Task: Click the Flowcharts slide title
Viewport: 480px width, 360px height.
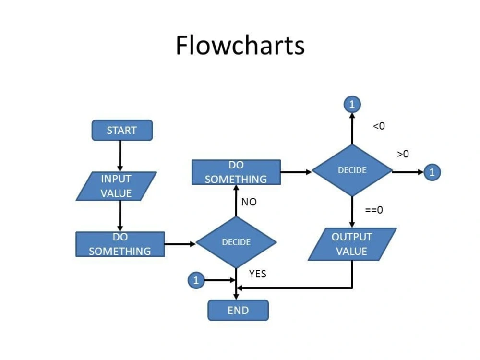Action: tap(240, 46)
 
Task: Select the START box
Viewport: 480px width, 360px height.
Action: tap(122, 131)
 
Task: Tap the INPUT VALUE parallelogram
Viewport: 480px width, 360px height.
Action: tap(116, 186)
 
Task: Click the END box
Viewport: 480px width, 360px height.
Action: tap(238, 311)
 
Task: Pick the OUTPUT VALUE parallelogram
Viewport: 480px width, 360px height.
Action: tap(352, 244)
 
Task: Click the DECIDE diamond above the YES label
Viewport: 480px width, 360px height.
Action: tap(236, 242)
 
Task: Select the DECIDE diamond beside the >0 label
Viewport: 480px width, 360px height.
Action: tap(352, 170)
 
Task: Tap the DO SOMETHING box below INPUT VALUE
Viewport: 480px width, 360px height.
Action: tap(120, 244)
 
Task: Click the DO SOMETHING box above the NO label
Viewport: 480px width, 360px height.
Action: tap(236, 172)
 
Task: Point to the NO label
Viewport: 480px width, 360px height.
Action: tap(249, 202)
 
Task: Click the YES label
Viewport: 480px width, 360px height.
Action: tap(257, 274)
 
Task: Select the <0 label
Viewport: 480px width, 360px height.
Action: tap(379, 126)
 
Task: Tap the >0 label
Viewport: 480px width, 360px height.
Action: tap(403, 154)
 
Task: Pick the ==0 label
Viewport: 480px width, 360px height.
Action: tap(374, 210)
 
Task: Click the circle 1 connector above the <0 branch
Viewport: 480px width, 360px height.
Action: tap(352, 104)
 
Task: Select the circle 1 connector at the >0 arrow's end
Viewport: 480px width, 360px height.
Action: tap(432, 172)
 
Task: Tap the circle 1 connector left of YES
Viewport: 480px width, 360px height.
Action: tap(195, 280)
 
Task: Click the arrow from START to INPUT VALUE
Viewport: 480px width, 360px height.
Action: tap(120, 156)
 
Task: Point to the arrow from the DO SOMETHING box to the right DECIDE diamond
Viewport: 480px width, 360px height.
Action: tap(296, 172)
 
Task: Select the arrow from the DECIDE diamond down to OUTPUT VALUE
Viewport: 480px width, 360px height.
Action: tap(352, 212)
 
